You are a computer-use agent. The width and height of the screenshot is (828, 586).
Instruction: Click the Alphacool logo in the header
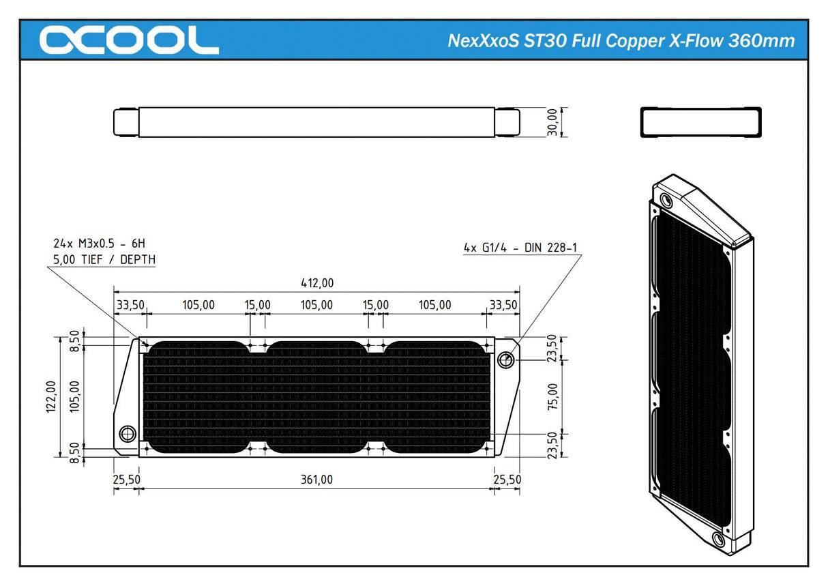129,40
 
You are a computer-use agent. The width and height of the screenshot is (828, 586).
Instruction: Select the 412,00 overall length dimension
317,283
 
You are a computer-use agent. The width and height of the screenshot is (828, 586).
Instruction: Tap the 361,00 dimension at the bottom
317,480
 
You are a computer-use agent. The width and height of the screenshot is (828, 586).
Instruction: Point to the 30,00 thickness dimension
552,122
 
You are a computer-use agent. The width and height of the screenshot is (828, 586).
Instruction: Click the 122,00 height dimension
51,397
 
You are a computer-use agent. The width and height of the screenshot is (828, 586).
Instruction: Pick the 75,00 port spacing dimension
552,396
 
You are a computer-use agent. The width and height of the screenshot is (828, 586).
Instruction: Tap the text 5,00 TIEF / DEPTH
104,259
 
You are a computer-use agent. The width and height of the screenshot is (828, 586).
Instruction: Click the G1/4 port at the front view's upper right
505,360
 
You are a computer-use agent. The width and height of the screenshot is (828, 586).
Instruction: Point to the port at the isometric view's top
666,201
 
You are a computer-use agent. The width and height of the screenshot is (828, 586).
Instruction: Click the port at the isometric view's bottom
718,540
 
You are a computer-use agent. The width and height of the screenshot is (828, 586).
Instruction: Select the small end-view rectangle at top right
700,123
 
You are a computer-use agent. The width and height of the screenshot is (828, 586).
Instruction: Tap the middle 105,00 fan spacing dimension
317,305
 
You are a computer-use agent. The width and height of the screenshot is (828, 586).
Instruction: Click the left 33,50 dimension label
130,305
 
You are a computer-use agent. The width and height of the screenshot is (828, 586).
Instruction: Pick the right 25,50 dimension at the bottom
507,480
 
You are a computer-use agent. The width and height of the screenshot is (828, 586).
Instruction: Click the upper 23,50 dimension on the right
552,348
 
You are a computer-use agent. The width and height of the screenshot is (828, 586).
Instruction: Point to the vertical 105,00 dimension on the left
73,397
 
